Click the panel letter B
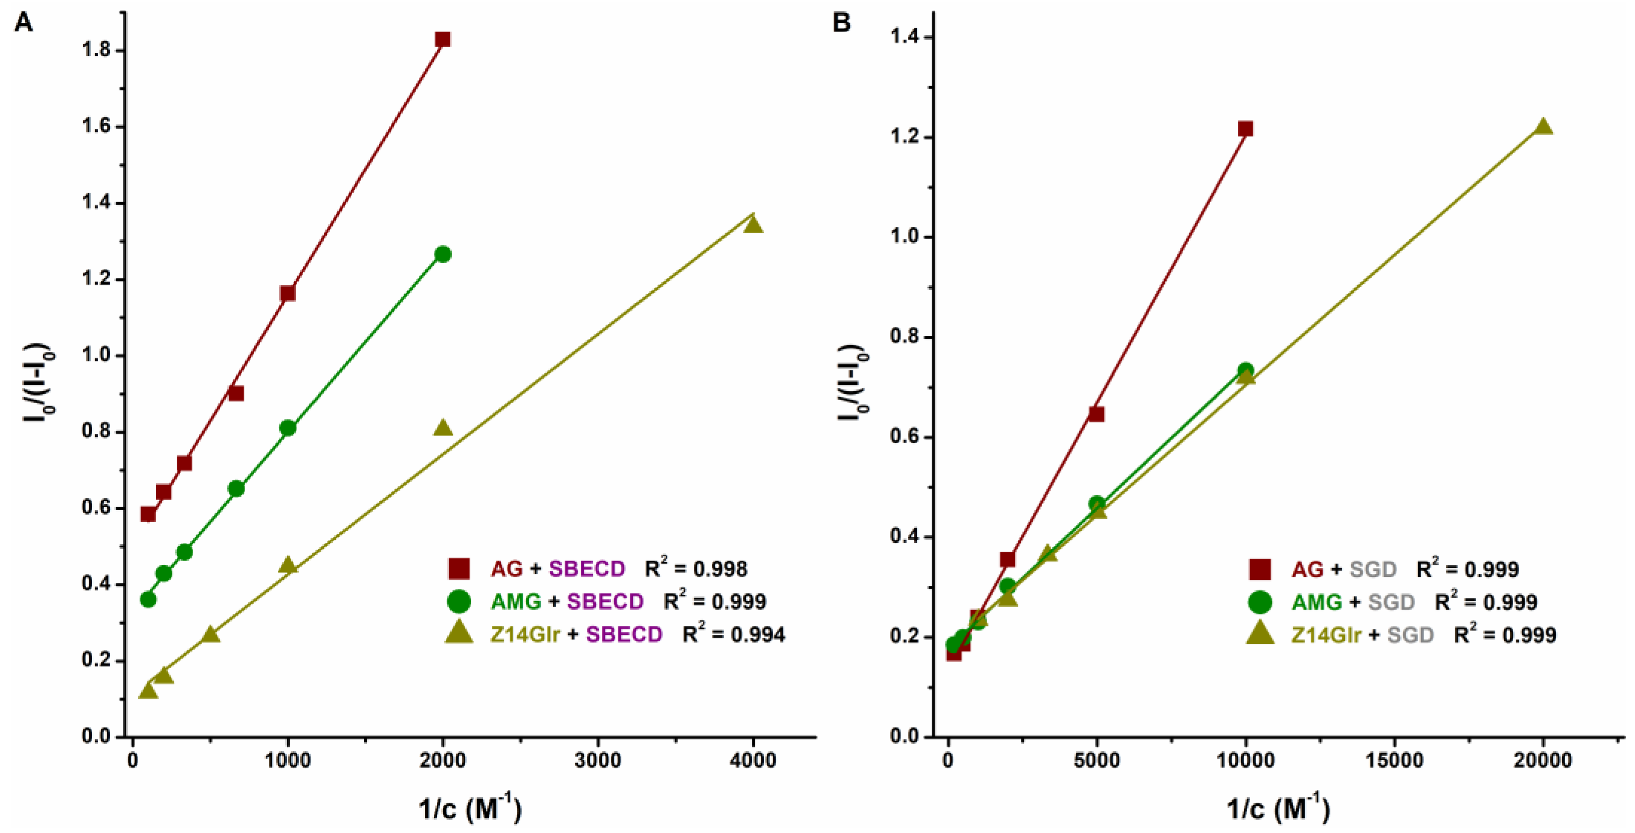[841, 22]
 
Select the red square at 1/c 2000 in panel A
[442, 39]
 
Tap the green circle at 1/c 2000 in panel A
[443, 255]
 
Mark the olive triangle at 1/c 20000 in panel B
[1543, 127]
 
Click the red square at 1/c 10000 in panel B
[1245, 129]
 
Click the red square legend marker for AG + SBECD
[458, 569]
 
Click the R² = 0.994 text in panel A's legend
[733, 634]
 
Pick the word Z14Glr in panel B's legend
[1326, 634]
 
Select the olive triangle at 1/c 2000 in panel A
[443, 428]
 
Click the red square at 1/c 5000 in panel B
[1096, 415]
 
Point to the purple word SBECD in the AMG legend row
[605, 601]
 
